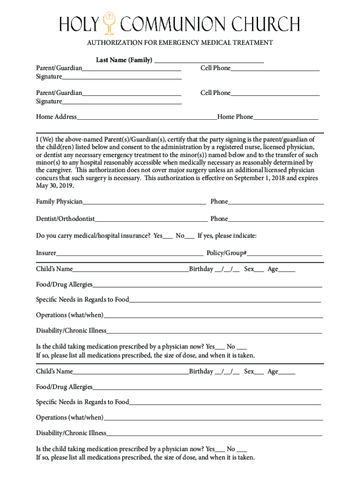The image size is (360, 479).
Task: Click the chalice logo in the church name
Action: tap(110, 24)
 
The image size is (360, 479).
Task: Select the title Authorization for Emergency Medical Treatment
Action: tap(180, 43)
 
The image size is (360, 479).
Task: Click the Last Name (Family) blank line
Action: tap(209, 62)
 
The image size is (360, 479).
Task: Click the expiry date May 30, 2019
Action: tap(55, 186)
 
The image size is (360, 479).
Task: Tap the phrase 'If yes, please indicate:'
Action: tap(227, 236)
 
